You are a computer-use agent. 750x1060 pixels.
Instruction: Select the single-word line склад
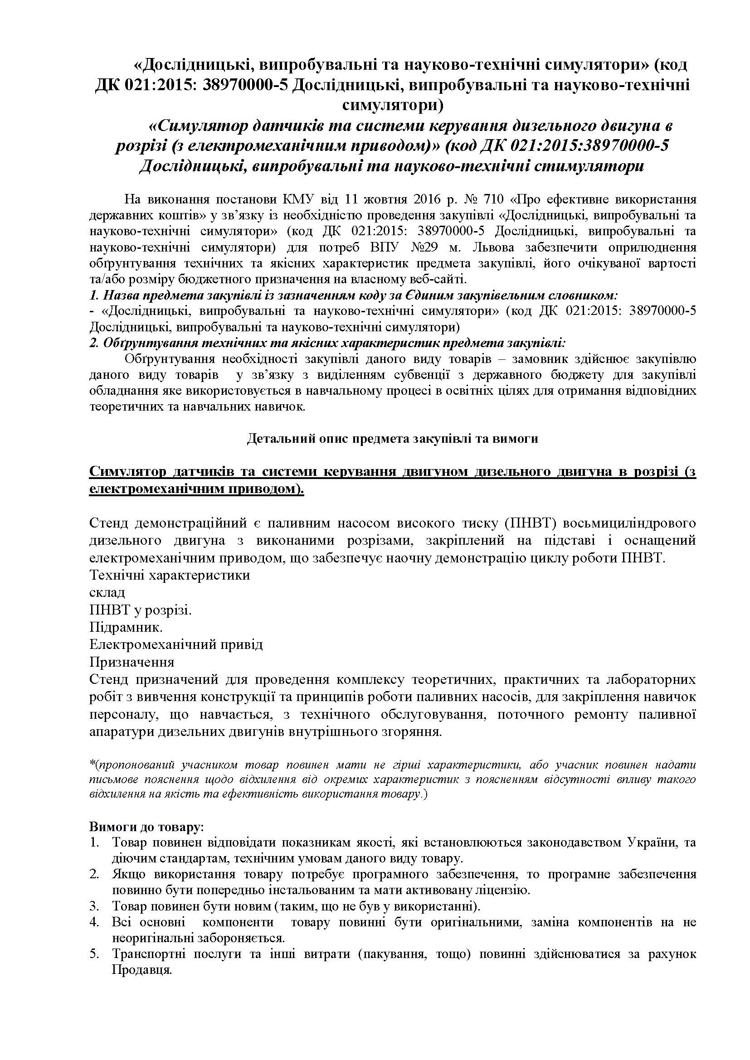coord(107,592)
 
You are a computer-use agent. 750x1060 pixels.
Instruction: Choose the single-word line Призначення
coord(131,662)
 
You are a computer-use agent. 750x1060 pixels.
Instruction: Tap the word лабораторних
coord(650,680)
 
